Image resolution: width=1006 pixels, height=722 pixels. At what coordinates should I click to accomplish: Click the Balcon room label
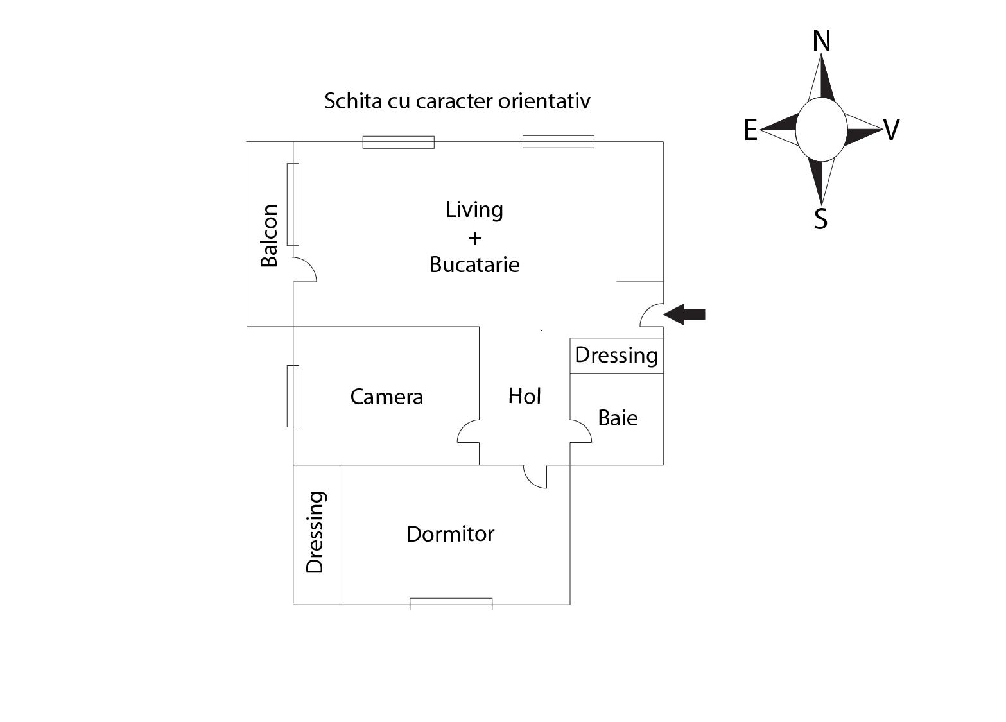(270, 236)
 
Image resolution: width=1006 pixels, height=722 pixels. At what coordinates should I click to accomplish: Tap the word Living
(474, 210)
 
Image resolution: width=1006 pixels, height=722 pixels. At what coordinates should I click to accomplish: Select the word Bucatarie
(474, 264)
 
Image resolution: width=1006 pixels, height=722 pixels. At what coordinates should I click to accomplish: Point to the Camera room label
(386, 397)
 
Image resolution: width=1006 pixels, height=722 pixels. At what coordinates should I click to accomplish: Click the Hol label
(525, 396)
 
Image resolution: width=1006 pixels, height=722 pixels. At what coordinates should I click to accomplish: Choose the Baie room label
(618, 418)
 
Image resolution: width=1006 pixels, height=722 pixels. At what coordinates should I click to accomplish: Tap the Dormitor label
(451, 534)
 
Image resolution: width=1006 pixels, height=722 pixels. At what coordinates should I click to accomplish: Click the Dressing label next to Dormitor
(315, 532)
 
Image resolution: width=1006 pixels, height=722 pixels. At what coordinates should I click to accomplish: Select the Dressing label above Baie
(616, 355)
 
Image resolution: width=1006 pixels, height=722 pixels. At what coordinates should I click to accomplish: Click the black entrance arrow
(684, 314)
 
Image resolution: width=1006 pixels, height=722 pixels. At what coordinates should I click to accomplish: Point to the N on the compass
(821, 41)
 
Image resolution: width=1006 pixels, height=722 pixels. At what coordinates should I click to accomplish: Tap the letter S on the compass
(820, 219)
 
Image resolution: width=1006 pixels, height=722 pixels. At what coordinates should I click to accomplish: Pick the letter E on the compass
(750, 130)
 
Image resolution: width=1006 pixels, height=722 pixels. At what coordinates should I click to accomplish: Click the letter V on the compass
(892, 130)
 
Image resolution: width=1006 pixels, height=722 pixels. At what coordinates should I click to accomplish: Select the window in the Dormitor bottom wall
(451, 604)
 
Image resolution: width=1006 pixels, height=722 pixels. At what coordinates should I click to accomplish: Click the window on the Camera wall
(293, 396)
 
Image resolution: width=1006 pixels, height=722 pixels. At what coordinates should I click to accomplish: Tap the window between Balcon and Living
(293, 204)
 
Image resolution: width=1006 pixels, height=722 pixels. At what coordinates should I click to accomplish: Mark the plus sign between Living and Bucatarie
(474, 238)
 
